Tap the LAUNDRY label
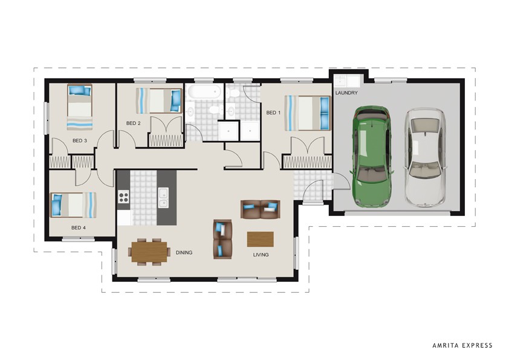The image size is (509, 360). pos(346,93)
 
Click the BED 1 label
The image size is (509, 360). pos(273,113)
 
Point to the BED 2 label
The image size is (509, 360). pos(133,123)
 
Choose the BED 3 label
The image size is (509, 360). pos(80,141)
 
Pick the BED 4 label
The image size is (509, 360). pos(79,227)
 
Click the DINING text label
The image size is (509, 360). pos(184,252)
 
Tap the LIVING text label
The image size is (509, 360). pos(261,255)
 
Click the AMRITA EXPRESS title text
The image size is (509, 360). pos(462,345)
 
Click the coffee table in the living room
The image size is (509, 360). pos(260,239)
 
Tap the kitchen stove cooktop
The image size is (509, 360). pos(123,196)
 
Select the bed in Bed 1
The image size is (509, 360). pos(308,113)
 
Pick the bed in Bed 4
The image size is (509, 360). pos(73,205)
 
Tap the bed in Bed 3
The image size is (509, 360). pos(80,106)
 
